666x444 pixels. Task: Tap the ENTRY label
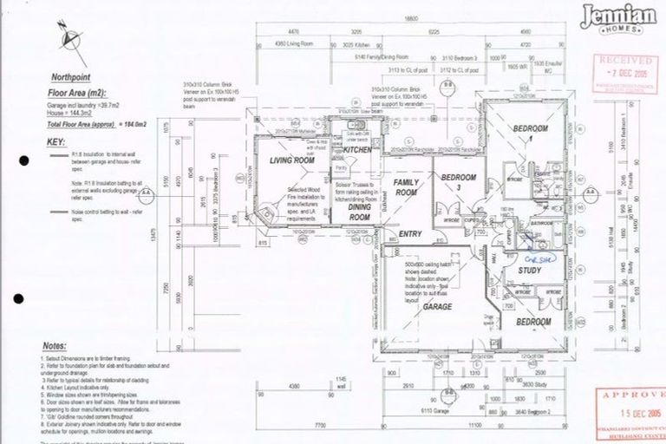(409, 234)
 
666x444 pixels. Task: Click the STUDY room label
(529, 271)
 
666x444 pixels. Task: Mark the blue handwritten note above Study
(529, 257)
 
